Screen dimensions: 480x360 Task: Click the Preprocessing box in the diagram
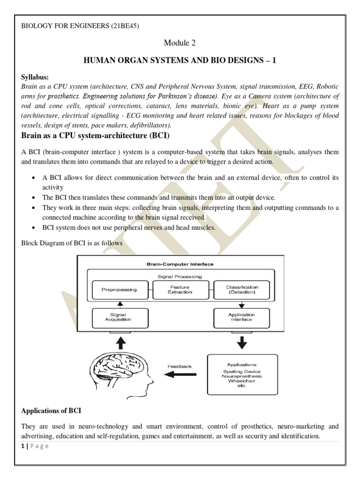pyautogui.click(x=119, y=290)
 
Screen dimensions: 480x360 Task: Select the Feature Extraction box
pyautogui.click(x=180, y=290)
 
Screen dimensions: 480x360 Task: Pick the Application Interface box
pyautogui.click(x=241, y=317)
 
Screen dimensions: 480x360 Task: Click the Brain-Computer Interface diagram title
pyautogui.click(x=180, y=264)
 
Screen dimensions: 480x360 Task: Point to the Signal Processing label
pyautogui.click(x=180, y=277)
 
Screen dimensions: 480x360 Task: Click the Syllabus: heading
pyautogui.click(x=35, y=77)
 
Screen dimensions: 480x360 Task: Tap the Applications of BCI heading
pyautogui.click(x=51, y=411)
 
